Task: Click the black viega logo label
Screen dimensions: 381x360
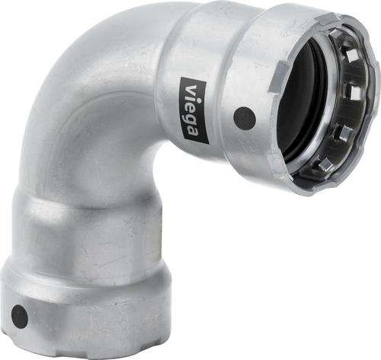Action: click(194, 110)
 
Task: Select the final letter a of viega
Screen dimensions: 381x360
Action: click(194, 130)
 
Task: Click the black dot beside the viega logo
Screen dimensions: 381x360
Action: click(245, 118)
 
